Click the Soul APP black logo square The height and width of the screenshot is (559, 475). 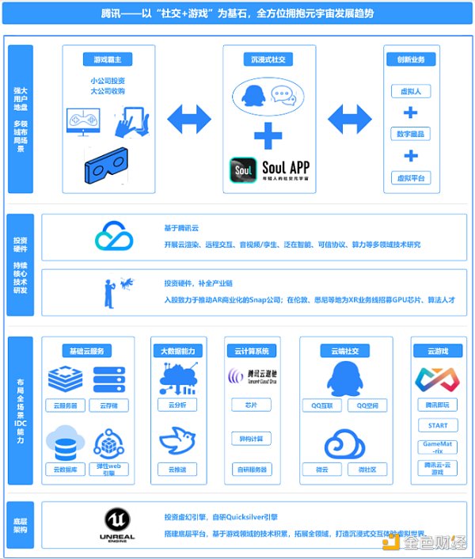point(244,169)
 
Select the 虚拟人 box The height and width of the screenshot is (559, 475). point(409,91)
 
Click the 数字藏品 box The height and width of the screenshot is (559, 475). point(409,134)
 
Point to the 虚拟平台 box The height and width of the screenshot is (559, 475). point(409,177)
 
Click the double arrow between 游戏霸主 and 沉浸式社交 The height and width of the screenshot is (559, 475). point(188,119)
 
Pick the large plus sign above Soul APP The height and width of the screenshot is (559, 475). point(268,134)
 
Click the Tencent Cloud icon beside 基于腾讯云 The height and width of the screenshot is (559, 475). point(114,235)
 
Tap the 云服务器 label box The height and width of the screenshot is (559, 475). point(65,405)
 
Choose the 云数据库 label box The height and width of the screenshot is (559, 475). point(65,469)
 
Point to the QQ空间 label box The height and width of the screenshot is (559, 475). point(367,405)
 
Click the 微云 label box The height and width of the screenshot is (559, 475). point(322,469)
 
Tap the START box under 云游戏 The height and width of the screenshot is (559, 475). point(437,425)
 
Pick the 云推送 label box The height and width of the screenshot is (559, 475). point(177,469)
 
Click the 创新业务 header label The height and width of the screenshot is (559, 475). point(409,59)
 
